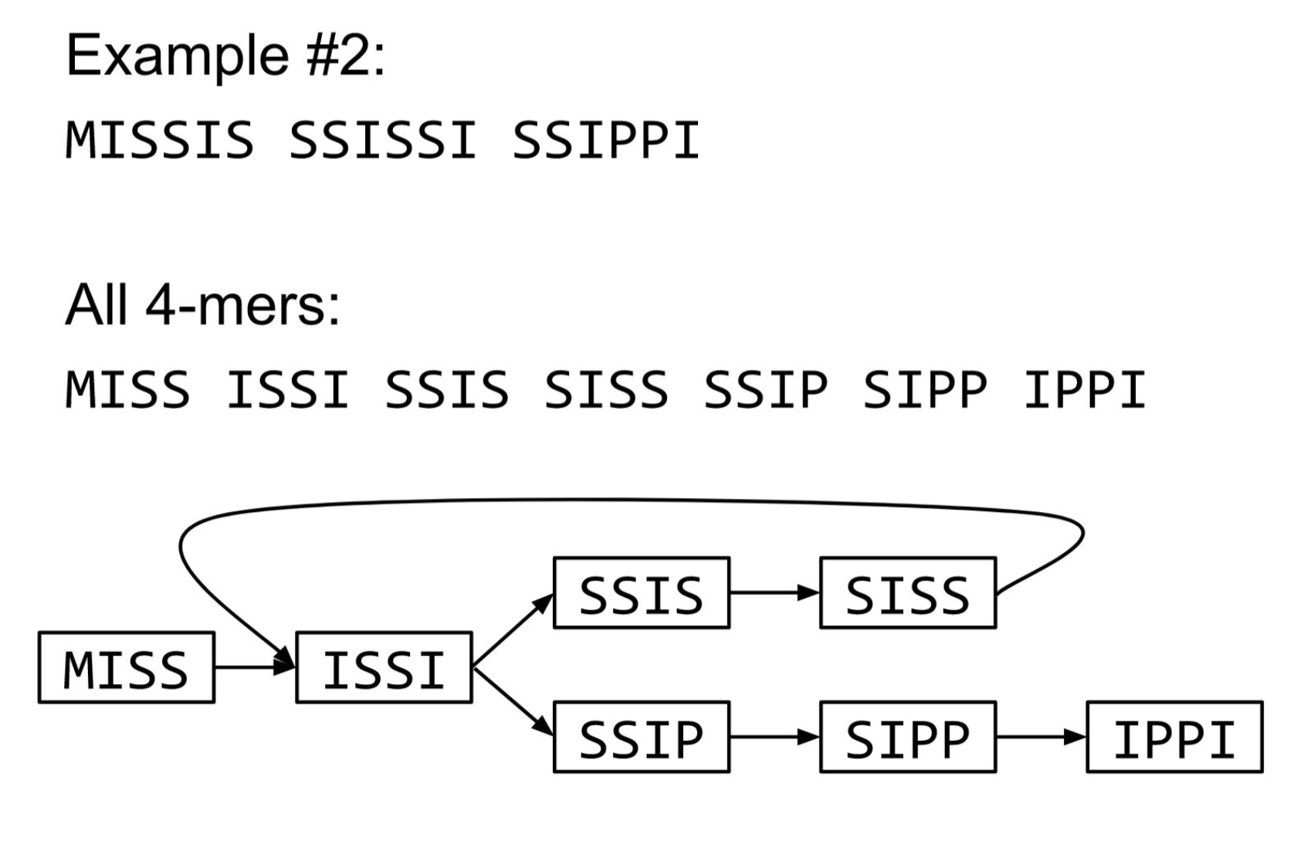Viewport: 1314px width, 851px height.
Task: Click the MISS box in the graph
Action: click(x=126, y=668)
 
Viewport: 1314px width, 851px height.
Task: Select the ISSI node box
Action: click(x=384, y=668)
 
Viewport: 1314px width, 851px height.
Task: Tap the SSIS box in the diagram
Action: click(x=641, y=593)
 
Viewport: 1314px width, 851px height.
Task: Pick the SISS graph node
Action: click(x=907, y=593)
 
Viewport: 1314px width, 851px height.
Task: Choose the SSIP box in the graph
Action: click(x=641, y=737)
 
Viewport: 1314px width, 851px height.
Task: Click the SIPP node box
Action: click(x=907, y=737)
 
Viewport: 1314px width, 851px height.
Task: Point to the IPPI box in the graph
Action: click(x=1174, y=737)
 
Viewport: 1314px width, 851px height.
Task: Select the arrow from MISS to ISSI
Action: click(x=255, y=667)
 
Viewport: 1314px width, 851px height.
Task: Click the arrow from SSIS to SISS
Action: click(x=774, y=593)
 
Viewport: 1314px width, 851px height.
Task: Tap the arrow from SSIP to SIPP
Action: click(x=774, y=737)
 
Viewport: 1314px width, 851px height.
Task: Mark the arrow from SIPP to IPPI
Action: click(x=1041, y=737)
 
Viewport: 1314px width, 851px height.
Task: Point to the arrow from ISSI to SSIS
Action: click(x=513, y=630)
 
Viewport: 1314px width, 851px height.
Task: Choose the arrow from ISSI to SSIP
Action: click(x=513, y=703)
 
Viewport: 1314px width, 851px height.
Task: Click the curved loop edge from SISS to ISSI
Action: click(x=618, y=500)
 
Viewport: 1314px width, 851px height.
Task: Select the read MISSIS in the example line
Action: click(x=160, y=141)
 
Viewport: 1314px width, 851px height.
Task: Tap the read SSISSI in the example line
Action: click(x=383, y=141)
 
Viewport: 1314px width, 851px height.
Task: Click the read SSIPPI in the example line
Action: click(x=606, y=141)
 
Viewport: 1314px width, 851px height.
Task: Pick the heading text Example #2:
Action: click(x=225, y=56)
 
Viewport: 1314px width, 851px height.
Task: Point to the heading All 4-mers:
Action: click(x=202, y=305)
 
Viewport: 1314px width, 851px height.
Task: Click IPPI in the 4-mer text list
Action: click(x=1085, y=390)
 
